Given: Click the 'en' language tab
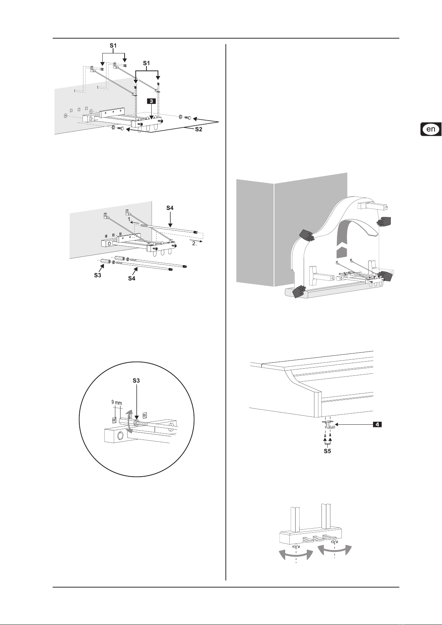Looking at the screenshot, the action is pos(431,129).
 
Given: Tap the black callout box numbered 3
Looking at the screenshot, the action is pos(151,101).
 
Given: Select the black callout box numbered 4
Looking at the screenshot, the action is pos(377,424).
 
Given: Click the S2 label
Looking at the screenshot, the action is pos(198,129).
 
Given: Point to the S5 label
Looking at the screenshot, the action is pos(327,451).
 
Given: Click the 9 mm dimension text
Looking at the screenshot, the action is pos(116,402).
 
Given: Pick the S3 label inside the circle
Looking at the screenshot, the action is pos(136,380).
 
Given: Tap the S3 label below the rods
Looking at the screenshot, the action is pos(98,275).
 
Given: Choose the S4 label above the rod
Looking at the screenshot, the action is pos(170,208).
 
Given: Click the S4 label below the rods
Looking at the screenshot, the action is pos(132,278).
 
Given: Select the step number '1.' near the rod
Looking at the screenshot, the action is pos(129,219).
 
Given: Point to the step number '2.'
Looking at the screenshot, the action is pos(195,243).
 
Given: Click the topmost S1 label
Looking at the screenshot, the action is pos(113,45).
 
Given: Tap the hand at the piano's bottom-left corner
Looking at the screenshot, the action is pos(299,292).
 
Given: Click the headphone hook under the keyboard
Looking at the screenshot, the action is pos(328,425).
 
